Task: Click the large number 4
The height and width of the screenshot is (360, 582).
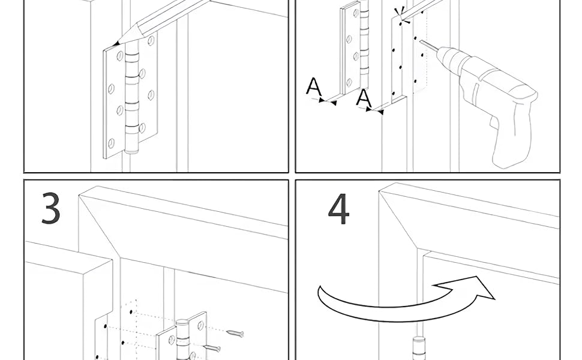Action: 338,209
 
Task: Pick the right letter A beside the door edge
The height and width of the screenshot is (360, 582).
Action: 364,97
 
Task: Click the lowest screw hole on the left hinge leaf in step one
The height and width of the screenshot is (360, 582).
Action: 111,143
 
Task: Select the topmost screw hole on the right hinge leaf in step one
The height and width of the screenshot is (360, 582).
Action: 151,41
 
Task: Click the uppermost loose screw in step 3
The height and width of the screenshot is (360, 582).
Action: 235,332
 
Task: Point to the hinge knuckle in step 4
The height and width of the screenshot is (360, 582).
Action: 416,348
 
